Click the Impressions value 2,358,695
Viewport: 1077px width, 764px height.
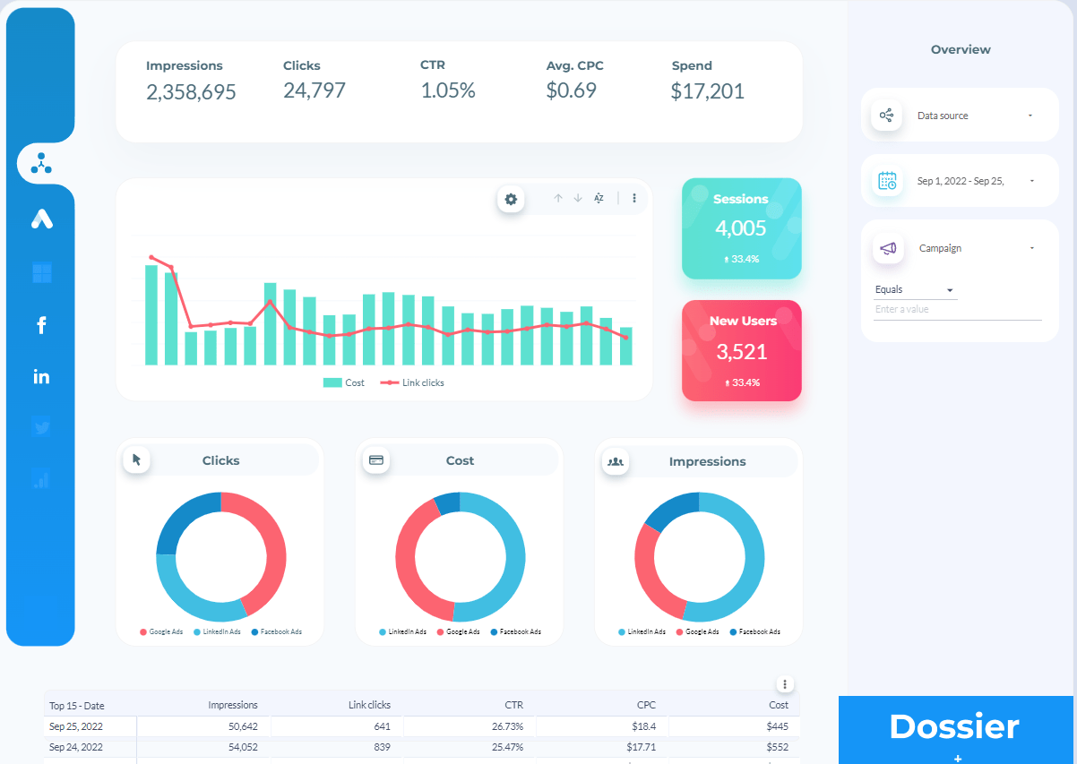tap(191, 91)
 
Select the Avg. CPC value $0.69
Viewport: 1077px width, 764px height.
tap(571, 90)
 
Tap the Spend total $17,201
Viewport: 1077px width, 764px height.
tap(707, 91)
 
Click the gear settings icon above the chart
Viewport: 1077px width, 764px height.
tap(511, 199)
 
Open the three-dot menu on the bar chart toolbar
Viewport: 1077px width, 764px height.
tap(634, 198)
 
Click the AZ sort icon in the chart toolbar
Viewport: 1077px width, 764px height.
tap(599, 198)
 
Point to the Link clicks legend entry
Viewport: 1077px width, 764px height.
tap(413, 382)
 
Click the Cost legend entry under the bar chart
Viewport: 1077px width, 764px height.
tap(344, 382)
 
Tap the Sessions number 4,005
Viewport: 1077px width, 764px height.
tap(741, 227)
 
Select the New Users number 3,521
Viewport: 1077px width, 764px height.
tap(741, 351)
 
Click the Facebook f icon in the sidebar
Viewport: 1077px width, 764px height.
tap(41, 325)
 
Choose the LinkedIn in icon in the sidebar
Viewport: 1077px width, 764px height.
tap(41, 377)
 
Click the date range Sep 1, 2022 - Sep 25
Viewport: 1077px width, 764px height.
tap(960, 181)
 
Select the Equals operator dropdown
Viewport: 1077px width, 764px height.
tap(915, 290)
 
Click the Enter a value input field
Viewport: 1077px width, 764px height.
tap(957, 310)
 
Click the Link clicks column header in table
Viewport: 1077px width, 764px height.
tap(369, 705)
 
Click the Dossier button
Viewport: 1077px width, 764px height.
tap(954, 726)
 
